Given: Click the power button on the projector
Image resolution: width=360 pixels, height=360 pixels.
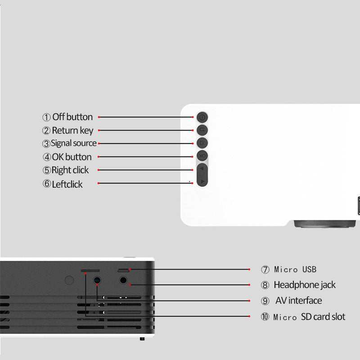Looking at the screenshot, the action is point(202,117).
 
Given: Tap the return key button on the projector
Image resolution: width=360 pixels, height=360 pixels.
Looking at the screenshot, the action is point(202,130).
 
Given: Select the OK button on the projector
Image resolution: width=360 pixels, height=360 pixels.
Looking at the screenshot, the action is point(202,156).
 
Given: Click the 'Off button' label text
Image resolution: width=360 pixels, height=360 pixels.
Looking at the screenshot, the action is point(72,117).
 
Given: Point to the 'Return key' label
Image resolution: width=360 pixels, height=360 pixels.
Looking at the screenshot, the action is point(72,130).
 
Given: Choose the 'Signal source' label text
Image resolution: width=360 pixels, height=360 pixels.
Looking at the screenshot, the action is point(73,143).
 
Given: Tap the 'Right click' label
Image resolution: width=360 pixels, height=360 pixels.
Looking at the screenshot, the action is point(70,170).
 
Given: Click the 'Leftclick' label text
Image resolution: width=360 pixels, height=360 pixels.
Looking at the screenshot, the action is point(67,184).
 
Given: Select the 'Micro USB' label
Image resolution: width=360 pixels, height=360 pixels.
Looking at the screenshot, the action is point(295,269).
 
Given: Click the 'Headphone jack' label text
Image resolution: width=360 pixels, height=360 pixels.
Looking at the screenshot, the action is point(305,285).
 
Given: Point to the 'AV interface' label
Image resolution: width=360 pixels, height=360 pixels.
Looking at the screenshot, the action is point(299,301).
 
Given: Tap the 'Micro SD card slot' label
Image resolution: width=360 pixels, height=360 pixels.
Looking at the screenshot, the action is point(309,317).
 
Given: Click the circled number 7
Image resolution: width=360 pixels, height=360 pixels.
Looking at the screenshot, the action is point(265,269).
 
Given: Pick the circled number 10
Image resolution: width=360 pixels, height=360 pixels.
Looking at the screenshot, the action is point(265,317).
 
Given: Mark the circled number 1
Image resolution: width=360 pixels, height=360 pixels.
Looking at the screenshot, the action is point(46,117).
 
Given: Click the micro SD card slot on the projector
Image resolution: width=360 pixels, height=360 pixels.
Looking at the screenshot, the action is point(90,271).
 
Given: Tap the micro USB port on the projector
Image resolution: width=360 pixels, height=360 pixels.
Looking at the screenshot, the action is point(123,271).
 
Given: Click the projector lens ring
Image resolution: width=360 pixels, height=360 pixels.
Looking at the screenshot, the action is point(324,224).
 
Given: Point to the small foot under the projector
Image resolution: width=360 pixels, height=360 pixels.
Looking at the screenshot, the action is point(142,339).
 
